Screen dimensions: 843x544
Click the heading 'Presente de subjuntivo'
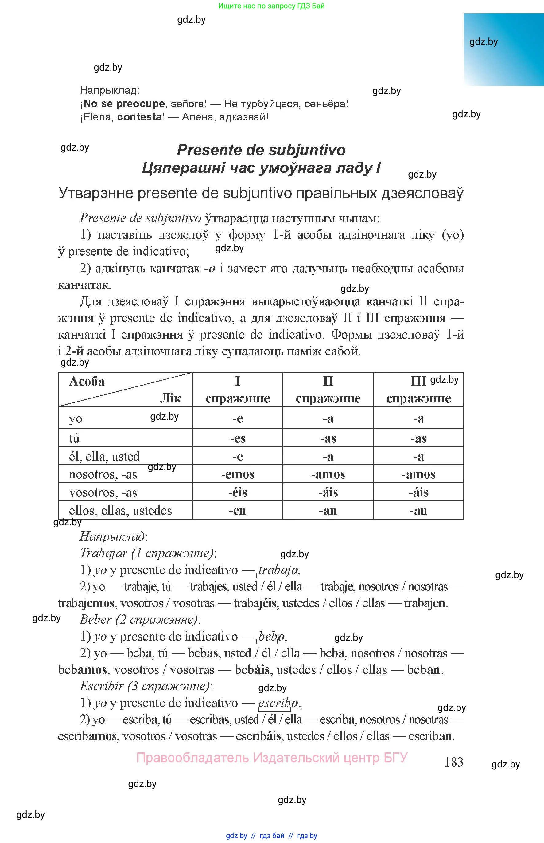pyautogui.click(x=261, y=150)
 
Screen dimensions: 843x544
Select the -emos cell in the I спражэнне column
pyautogui.click(x=237, y=474)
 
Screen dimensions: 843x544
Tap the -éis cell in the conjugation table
pyautogui.click(x=237, y=492)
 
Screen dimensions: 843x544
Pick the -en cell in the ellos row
pyautogui.click(x=237, y=510)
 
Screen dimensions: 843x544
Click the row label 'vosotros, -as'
pyautogui.click(x=103, y=492)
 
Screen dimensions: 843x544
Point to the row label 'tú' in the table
pyautogui.click(x=74, y=438)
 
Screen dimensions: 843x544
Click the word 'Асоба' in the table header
pyautogui.click(x=87, y=381)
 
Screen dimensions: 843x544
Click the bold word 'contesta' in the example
pyautogui.click(x=140, y=117)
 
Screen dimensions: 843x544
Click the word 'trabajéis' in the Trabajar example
pyautogui.click(x=255, y=603)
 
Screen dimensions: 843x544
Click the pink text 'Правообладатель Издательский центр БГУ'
pyautogui.click(x=272, y=758)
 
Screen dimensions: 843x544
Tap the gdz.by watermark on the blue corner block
pyautogui.click(x=483, y=42)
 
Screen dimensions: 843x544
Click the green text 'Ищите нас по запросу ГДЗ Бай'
pyautogui.click(x=271, y=6)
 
